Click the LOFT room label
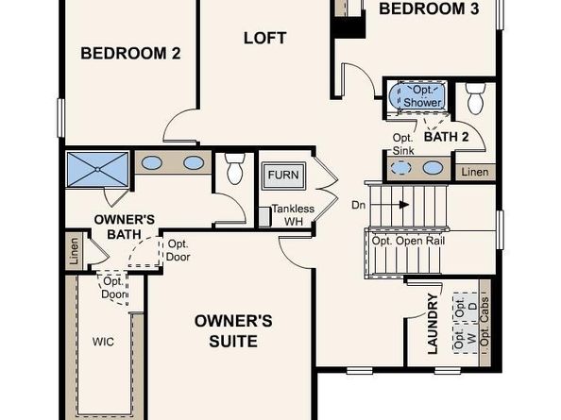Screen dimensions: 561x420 [x=264, y=38]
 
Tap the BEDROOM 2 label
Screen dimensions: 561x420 [x=130, y=53]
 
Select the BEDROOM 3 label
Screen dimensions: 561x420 [x=429, y=8]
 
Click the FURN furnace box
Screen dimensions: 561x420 [x=283, y=176]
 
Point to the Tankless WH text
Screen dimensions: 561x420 [x=293, y=215]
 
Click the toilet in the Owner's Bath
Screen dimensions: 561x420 [x=235, y=168]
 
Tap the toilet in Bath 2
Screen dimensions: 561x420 [x=475, y=99]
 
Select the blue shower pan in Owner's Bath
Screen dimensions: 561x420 [x=97, y=170]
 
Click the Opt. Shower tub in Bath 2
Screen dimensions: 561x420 [x=417, y=96]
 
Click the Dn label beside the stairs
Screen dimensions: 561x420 [x=359, y=205]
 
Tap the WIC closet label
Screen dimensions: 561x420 [x=103, y=342]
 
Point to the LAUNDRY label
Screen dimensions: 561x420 [x=433, y=324]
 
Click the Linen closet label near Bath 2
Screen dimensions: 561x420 [x=475, y=173]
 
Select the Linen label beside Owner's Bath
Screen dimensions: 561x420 [x=74, y=251]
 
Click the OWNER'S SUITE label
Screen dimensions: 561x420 [x=233, y=331]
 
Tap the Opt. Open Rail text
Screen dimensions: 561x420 [x=408, y=241]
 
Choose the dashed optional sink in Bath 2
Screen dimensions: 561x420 [x=401, y=168]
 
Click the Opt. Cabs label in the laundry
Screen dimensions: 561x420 [x=484, y=322]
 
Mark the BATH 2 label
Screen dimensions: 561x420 [x=446, y=137]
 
